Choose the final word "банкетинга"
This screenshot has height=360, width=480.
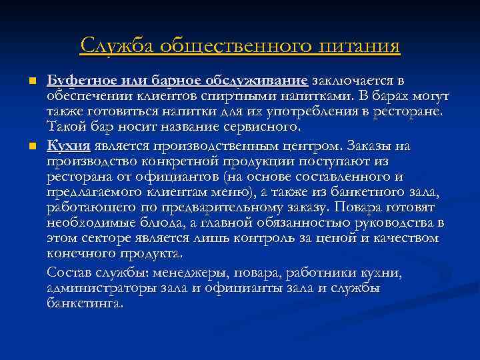pos(84,303)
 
